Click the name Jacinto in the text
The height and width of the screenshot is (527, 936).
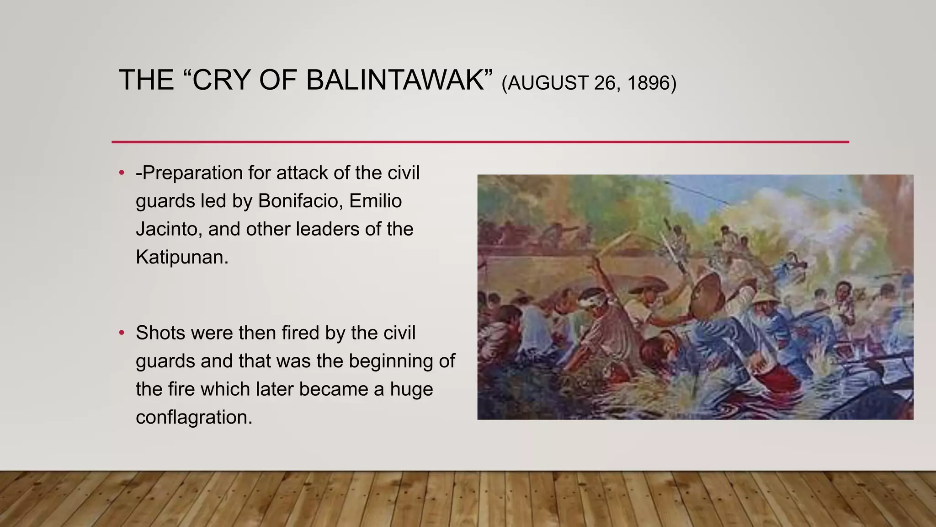click(x=168, y=229)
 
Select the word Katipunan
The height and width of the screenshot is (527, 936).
click(x=181, y=257)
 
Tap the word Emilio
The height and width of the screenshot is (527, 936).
click(x=375, y=201)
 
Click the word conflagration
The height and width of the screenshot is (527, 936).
click(x=194, y=417)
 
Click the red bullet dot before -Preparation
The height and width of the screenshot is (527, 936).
click(x=122, y=173)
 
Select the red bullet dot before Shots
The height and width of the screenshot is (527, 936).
click(x=122, y=333)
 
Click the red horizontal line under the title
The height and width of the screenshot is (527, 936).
click(x=480, y=142)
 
